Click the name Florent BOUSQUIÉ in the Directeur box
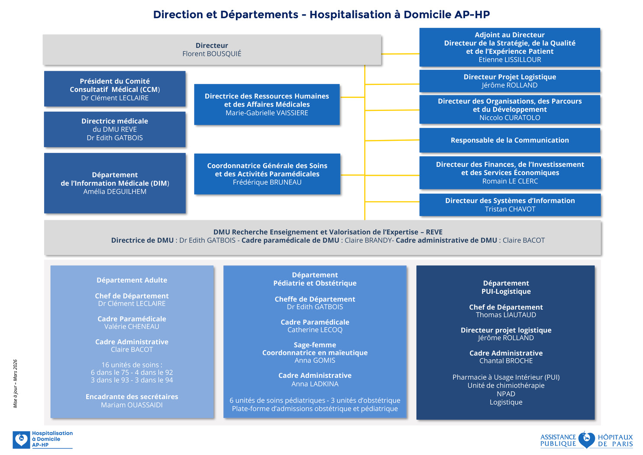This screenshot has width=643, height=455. tap(212, 54)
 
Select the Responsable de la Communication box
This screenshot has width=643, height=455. tap(510, 140)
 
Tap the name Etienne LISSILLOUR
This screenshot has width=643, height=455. tap(510, 60)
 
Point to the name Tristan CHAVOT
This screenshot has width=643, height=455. tap(510, 209)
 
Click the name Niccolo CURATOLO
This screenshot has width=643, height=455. tap(510, 118)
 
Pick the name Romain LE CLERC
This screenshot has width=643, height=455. tap(510, 181)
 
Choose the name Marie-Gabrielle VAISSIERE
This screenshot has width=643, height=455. tap(267, 113)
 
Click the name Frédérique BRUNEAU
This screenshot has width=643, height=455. tap(267, 182)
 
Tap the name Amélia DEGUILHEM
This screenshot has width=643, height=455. tap(115, 192)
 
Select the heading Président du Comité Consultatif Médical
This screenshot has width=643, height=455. tap(115, 85)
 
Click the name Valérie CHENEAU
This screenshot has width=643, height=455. tap(132, 327)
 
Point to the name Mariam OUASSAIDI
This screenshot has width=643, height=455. tap(132, 405)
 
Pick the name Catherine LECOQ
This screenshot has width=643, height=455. tap(315, 330)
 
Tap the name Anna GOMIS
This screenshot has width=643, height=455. tap(315, 361)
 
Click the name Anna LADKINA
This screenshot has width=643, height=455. tap(315, 384)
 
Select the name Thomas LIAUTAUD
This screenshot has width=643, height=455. tap(506, 315)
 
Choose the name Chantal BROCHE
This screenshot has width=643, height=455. tap(506, 361)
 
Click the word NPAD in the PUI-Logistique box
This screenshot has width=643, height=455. tap(506, 394)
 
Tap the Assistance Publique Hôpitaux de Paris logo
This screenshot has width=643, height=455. tap(586, 440)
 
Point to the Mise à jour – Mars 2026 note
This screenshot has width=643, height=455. tap(16, 383)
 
